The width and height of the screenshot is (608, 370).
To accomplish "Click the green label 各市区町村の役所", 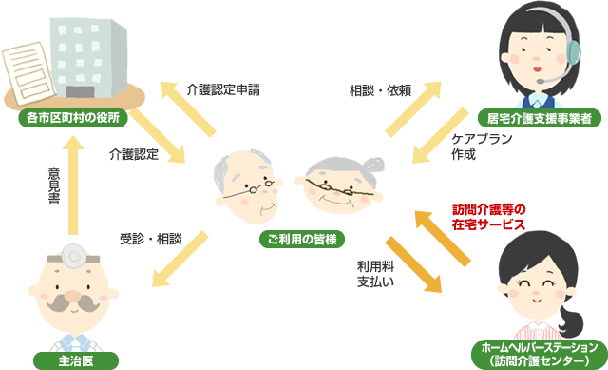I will click(73, 121).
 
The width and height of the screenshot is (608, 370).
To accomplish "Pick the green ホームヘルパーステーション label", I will click(538, 353).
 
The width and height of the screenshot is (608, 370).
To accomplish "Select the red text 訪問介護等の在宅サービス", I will click(488, 217).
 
